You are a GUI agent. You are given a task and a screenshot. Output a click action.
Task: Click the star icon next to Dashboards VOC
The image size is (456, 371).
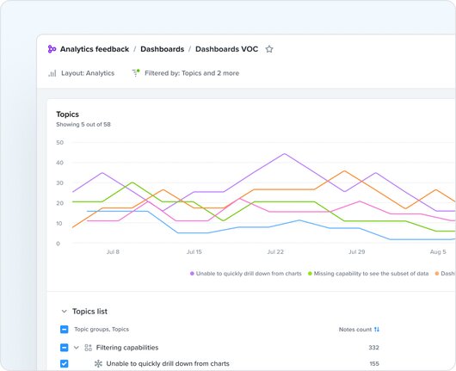269,49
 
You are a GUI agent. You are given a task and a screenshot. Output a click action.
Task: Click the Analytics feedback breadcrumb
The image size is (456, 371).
94,49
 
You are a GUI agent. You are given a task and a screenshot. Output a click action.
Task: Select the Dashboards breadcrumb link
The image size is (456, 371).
162,49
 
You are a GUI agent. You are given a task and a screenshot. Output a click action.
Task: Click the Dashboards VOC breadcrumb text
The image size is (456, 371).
227,49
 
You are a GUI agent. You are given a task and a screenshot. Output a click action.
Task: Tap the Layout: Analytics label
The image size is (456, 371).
87,73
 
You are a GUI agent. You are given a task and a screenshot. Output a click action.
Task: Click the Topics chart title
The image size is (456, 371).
67,114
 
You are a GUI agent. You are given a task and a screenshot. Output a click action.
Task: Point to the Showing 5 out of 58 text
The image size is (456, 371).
83,125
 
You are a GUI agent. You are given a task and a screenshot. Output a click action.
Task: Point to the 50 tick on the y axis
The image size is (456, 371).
59,143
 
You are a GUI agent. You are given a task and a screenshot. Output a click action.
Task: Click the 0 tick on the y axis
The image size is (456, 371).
59,244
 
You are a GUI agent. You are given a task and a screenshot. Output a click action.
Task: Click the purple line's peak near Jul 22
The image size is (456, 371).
284,154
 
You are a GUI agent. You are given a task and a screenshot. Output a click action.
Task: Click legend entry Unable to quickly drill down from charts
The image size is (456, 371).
247,273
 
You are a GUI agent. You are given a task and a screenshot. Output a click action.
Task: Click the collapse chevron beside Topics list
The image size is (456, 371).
64,312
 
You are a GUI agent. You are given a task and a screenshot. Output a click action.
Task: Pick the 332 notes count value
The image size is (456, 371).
373,348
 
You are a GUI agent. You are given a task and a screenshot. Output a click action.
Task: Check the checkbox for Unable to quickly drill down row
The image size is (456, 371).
65,364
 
